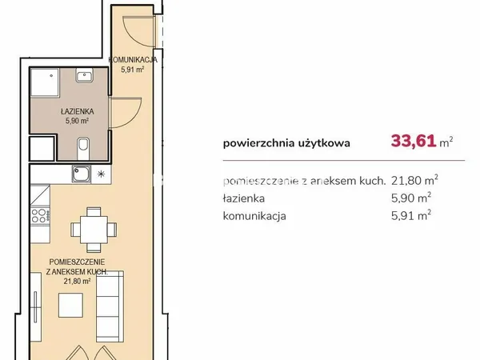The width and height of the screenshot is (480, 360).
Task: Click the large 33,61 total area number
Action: click(x=414, y=142)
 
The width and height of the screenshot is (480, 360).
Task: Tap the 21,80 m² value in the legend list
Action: click(x=414, y=180)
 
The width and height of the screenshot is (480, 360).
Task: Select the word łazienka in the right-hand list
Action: click(x=244, y=198)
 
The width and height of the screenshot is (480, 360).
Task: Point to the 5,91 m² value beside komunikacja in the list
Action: click(x=411, y=215)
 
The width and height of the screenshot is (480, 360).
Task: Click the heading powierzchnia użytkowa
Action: click(x=286, y=143)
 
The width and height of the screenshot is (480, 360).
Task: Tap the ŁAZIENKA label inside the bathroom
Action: click(x=77, y=111)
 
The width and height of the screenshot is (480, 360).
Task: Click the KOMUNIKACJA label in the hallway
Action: click(x=133, y=60)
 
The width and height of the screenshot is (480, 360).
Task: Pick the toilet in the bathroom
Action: click(x=83, y=148)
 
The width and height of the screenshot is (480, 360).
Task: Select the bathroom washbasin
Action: click(x=85, y=74)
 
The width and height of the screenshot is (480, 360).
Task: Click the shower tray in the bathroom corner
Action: click(x=45, y=82)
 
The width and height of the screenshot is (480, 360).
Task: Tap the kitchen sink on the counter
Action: click(x=82, y=174)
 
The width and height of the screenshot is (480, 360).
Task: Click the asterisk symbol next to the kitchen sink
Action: click(x=101, y=174)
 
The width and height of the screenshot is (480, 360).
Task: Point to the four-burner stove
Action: click(x=40, y=215)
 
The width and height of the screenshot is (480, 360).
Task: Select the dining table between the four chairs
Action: click(x=94, y=230)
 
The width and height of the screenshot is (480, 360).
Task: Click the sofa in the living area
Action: click(x=110, y=306)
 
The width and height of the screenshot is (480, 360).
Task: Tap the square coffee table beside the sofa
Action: click(x=70, y=305)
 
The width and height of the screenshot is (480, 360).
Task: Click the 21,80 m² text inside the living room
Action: click(x=77, y=281)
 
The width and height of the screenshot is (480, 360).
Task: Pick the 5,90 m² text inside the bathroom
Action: click(x=77, y=121)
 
